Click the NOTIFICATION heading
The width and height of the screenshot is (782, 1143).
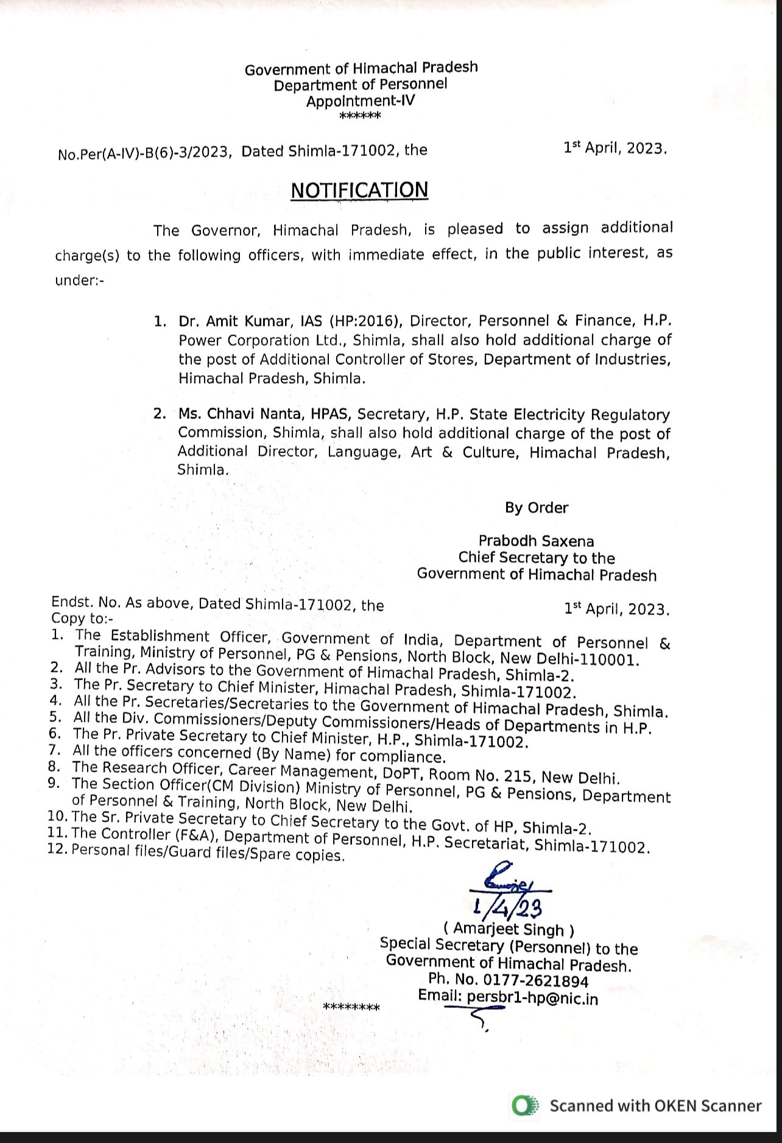click(359, 190)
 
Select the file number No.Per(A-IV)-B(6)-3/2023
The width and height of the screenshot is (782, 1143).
click(144, 153)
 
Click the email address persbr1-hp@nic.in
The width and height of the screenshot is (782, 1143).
click(532, 998)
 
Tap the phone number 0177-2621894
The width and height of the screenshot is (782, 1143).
click(536, 981)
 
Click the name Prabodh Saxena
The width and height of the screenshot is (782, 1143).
click(536, 541)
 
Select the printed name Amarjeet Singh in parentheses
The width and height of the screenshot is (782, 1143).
click(509, 929)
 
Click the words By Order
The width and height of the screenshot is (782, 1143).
click(536, 508)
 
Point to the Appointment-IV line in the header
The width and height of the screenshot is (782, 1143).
click(360, 101)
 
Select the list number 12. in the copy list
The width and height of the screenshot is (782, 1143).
click(58, 848)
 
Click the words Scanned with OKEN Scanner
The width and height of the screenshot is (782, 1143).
click(655, 1106)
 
